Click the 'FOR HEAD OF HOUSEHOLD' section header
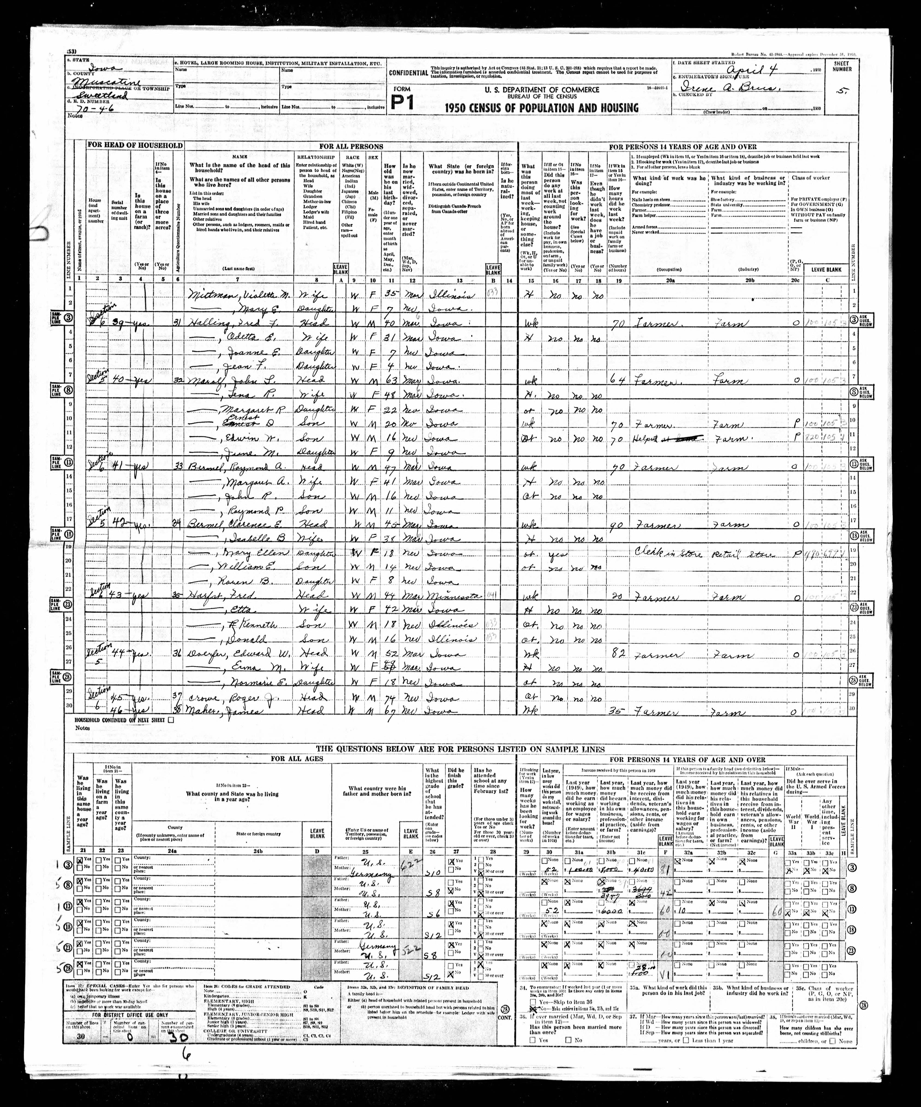pos(135,145)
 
